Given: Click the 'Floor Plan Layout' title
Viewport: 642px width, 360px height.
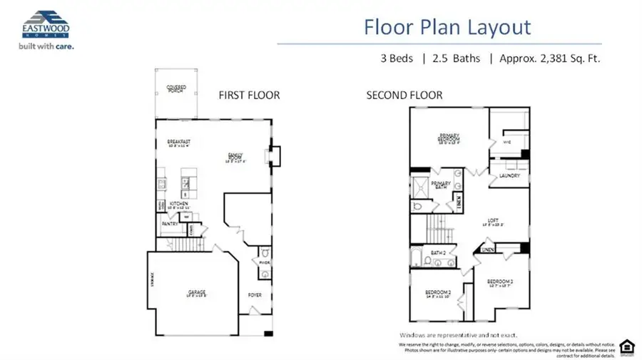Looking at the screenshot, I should pos(447,27).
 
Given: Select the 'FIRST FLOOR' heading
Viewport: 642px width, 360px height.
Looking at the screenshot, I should pos(249,95).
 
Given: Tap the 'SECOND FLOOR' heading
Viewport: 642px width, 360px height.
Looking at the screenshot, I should pos(404,95).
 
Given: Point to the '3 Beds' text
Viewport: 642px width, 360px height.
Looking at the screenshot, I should pos(397,58).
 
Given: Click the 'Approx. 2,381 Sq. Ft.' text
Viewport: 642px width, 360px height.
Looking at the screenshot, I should pos(549,58).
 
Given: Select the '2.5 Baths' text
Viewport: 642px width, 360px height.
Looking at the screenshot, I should pos(451,58).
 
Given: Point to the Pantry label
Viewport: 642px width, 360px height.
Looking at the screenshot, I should pos(169,224).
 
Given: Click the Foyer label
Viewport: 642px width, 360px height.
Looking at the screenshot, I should pos(255,294).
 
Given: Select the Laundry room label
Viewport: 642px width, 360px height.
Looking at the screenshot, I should pos(509,175).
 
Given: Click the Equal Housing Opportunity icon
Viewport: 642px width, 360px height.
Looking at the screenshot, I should pos(626,344).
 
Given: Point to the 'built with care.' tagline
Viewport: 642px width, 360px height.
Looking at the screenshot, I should pos(42,46).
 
